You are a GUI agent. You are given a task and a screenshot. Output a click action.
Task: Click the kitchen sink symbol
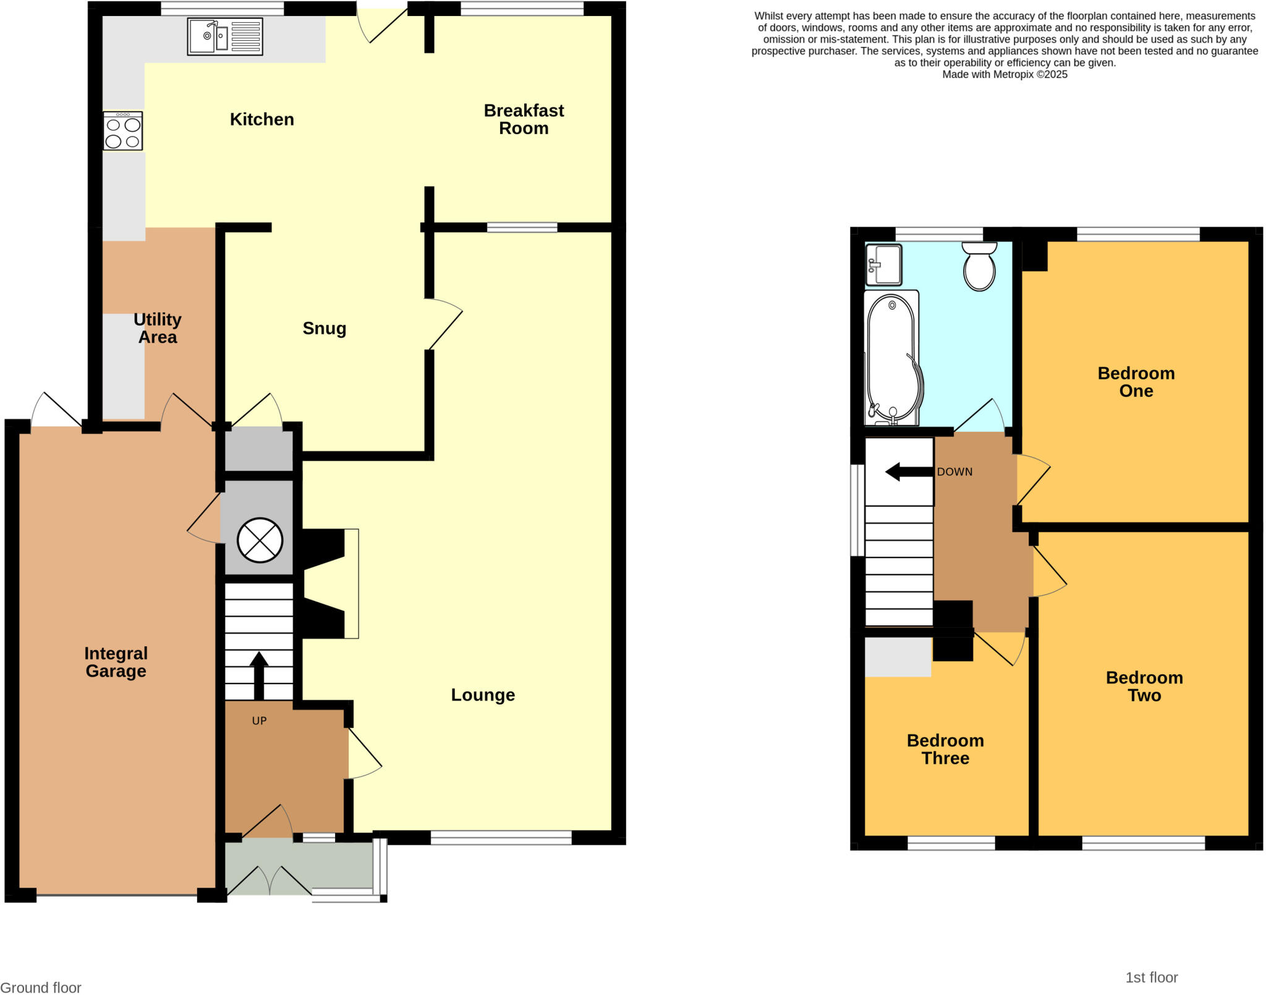225,36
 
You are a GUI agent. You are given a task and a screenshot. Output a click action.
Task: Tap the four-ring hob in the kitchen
123,131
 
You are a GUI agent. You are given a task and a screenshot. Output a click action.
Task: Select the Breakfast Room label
524,119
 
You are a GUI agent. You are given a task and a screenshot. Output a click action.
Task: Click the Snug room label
324,328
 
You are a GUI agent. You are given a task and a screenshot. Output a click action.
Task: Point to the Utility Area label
158,328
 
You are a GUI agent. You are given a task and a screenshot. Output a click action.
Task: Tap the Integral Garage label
116,662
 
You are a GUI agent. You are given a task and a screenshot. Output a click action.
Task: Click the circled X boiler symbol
260,540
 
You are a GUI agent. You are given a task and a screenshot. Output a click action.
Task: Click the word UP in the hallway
259,721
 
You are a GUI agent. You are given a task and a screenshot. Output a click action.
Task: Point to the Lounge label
483,695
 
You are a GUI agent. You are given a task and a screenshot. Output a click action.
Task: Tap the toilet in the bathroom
979,266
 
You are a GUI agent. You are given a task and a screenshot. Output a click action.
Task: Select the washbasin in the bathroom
883,265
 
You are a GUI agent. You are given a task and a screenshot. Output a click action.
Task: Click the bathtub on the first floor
893,358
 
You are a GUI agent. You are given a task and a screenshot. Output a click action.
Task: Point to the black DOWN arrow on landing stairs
909,472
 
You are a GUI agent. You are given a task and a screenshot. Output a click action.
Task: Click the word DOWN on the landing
954,472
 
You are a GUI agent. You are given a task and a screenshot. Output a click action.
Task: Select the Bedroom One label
1136,382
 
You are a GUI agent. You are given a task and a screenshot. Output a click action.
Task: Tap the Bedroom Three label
945,749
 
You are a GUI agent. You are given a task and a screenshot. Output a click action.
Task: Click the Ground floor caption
41,988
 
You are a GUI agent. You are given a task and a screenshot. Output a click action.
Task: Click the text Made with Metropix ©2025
1005,75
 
